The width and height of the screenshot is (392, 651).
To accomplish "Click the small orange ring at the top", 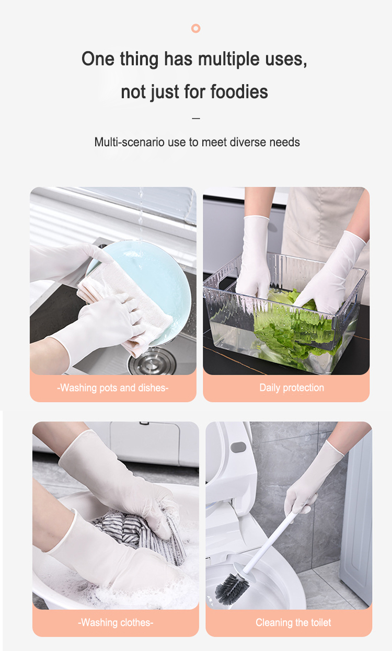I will (x=196, y=28).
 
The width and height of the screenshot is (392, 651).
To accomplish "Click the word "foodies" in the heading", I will (x=239, y=92).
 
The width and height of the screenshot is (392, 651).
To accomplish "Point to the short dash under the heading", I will (x=196, y=119).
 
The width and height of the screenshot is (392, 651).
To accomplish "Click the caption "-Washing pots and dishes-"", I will (x=113, y=388).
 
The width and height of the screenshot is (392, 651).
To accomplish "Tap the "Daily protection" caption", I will (x=292, y=388).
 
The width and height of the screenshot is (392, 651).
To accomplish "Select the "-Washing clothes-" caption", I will (x=116, y=623).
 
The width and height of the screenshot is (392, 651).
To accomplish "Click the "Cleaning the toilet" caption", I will (x=293, y=623).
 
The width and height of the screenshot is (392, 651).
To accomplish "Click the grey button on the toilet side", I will (x=238, y=448).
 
